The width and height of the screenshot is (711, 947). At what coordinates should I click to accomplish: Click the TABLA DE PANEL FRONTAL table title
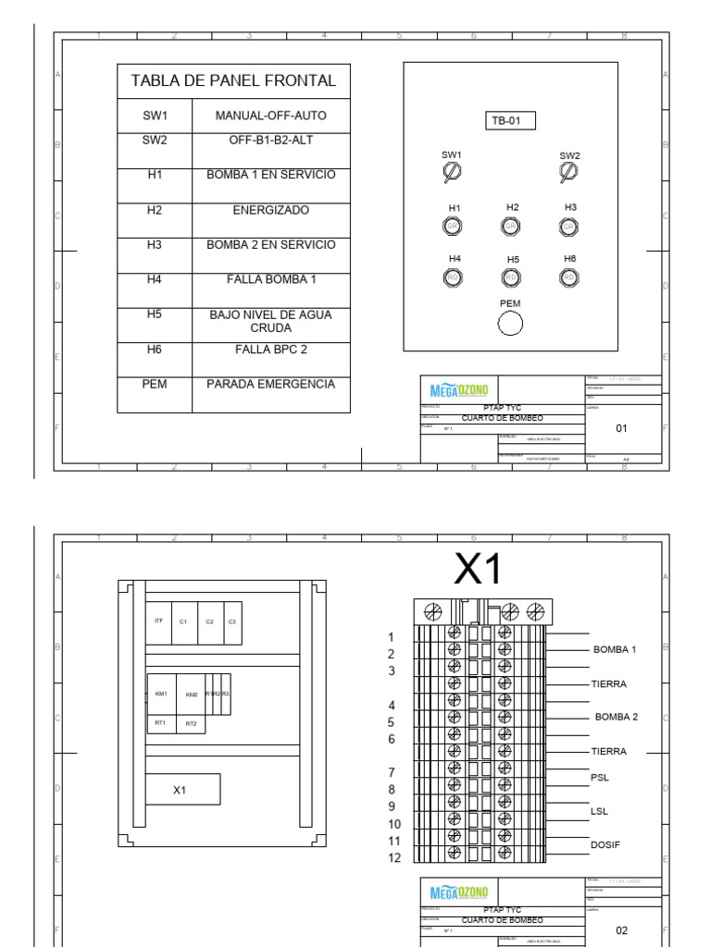click(x=233, y=81)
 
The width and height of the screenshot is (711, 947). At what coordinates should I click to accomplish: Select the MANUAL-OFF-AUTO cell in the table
click(x=270, y=117)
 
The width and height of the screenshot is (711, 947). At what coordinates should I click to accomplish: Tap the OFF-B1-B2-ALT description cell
click(x=270, y=141)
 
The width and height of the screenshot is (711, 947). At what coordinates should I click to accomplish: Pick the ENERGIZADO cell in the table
click(x=270, y=211)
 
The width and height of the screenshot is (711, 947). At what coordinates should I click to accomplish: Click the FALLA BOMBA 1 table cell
click(x=270, y=279)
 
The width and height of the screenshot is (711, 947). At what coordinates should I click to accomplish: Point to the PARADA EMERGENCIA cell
click(x=270, y=385)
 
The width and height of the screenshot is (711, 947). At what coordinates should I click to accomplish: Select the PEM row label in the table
click(x=154, y=385)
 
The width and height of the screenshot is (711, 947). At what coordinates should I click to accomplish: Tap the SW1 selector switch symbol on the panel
click(x=453, y=171)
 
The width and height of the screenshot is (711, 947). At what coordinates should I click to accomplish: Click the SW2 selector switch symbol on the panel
click(x=569, y=171)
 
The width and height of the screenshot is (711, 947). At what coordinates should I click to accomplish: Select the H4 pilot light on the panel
click(x=454, y=276)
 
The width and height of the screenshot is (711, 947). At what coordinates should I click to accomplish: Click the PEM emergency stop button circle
click(x=510, y=323)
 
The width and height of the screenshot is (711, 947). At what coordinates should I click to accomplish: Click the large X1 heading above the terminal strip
click(x=478, y=571)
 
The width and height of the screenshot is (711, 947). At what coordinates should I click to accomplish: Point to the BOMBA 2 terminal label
click(x=616, y=717)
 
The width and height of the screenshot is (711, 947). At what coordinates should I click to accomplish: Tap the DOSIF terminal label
click(x=605, y=844)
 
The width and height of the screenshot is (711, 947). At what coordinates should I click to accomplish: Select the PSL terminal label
click(x=600, y=778)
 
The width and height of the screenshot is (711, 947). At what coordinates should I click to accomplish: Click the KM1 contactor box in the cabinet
click(x=161, y=694)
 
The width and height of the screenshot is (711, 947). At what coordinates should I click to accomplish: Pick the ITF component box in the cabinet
click(x=159, y=621)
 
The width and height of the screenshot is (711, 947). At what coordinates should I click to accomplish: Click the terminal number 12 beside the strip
click(x=394, y=858)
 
